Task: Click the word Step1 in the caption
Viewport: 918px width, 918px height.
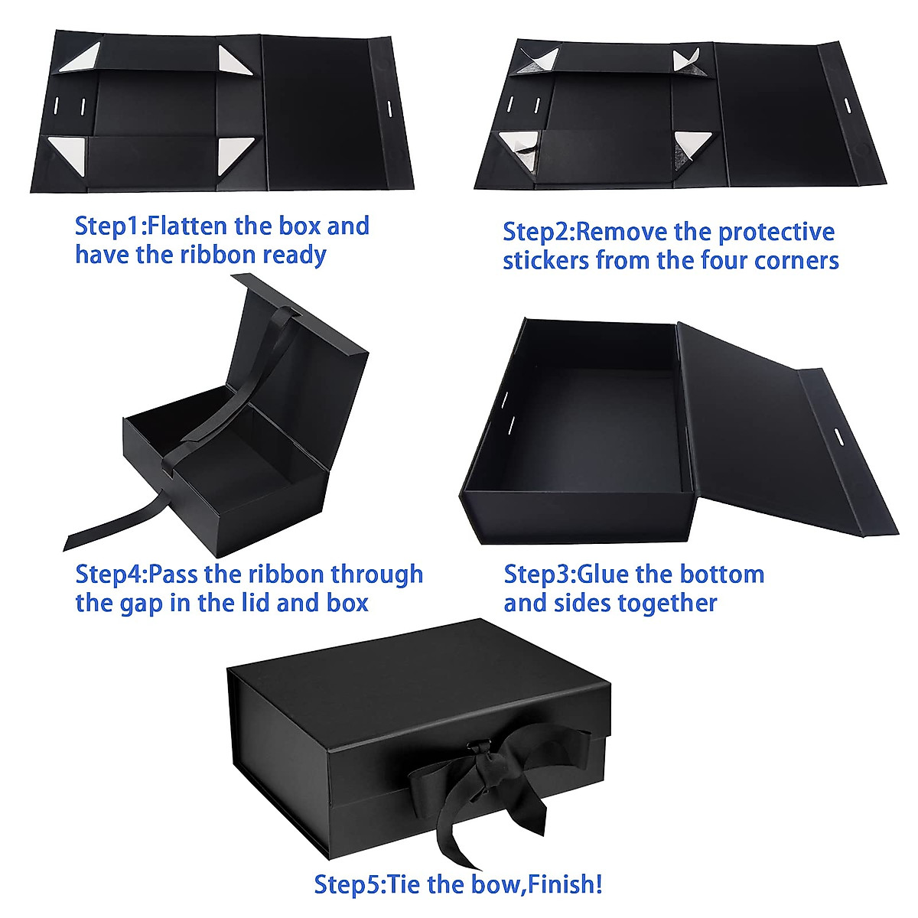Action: pyautogui.click(x=108, y=226)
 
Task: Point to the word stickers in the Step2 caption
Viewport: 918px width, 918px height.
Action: pyautogui.click(x=545, y=260)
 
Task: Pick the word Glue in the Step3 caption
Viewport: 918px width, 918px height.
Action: pyautogui.click(x=604, y=574)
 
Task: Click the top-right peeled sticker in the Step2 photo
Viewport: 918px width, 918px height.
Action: pyautogui.click(x=682, y=60)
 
